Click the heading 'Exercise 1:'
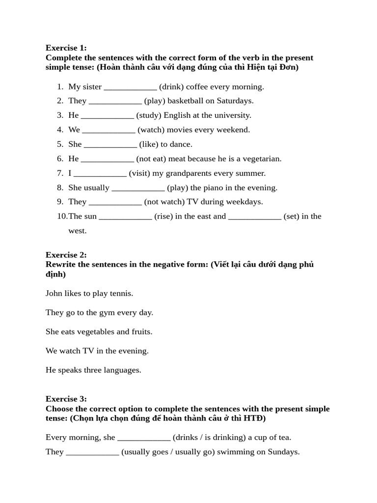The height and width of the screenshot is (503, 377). coord(66,48)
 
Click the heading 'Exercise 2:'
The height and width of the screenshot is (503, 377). coord(66,254)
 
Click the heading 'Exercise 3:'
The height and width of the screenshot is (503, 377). coord(66,398)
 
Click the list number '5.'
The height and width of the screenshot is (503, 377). coord(60,144)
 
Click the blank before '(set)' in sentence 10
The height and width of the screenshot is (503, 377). coord(255,216)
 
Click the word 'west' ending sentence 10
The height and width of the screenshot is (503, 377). coord(77,230)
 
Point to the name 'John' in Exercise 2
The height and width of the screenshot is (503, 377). coord(54,293)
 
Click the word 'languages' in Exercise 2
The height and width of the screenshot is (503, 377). coord(123,370)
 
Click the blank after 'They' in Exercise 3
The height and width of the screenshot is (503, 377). coord(92,452)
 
